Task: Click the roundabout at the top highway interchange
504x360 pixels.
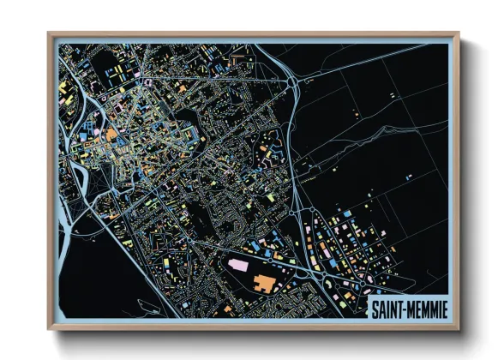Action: tap(293, 83)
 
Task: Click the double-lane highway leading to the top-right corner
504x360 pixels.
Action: tap(377, 57)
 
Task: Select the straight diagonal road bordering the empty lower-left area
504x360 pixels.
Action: tap(129, 257)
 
